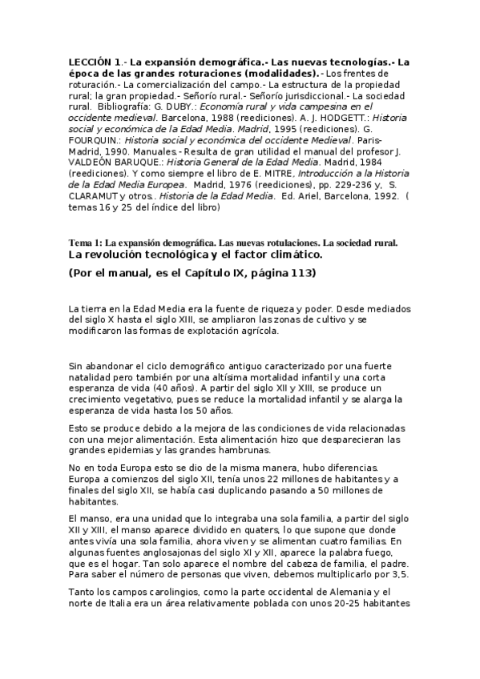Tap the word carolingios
tap(156, 593)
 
